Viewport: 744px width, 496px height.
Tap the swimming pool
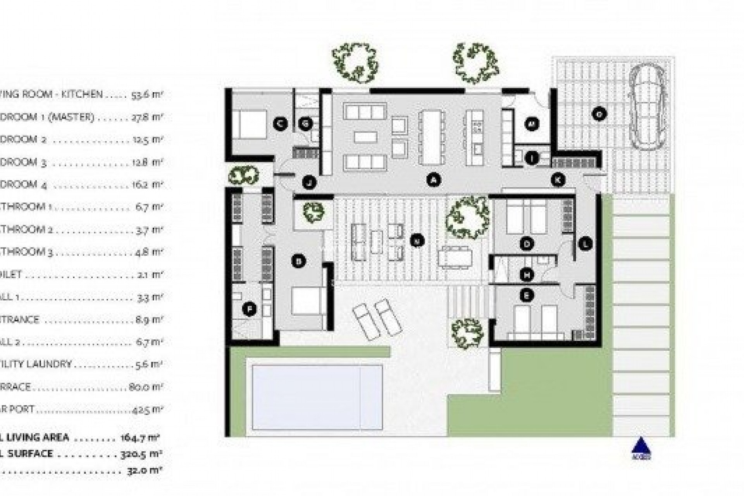(x=317, y=397)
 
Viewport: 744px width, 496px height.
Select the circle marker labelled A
(x=434, y=180)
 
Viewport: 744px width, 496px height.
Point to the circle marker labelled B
(x=298, y=261)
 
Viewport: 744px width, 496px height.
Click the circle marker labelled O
(x=599, y=114)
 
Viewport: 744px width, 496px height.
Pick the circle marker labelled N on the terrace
(x=417, y=241)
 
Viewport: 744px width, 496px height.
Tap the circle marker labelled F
(x=249, y=309)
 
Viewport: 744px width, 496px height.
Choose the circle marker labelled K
(x=558, y=180)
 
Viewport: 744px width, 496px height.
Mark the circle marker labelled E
(x=526, y=296)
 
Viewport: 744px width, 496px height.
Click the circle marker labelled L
(x=585, y=244)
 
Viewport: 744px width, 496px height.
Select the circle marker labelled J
(x=309, y=182)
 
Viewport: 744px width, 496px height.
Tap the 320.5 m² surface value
(x=140, y=454)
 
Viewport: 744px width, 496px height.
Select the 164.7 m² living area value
(x=140, y=438)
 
